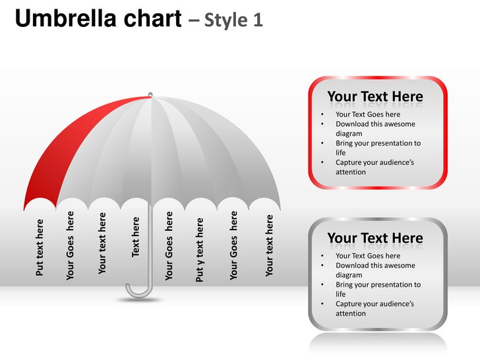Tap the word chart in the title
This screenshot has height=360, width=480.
[149, 19]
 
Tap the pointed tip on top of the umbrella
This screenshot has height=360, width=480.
[150, 94]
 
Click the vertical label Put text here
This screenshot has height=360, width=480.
[40, 247]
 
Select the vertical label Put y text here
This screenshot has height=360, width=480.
[200, 250]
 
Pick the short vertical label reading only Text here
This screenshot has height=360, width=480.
[136, 236]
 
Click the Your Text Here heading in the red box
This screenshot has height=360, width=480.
[375, 97]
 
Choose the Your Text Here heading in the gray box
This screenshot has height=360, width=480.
[375, 238]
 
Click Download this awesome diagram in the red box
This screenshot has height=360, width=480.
[375, 129]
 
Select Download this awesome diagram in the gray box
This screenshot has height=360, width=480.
[375, 270]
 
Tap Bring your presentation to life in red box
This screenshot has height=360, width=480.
[377, 148]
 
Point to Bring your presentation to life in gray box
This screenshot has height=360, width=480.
[377, 289]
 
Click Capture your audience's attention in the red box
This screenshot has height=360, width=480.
[375, 167]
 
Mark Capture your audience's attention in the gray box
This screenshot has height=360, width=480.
[375, 309]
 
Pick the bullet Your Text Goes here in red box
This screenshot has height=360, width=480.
[367, 114]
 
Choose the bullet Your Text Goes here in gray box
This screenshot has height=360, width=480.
[367, 256]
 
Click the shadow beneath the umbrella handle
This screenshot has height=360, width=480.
[139, 300]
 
